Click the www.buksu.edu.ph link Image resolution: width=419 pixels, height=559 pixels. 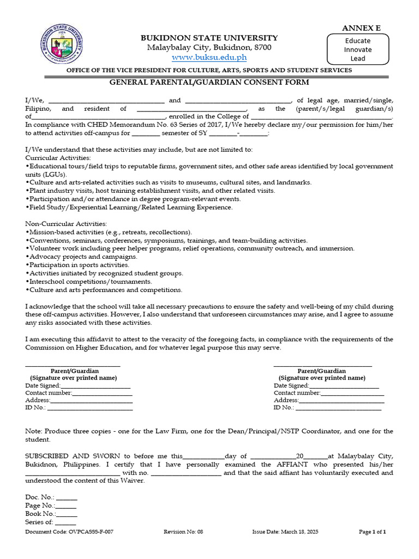click(209, 57)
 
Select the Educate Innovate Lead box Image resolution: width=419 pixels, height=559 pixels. click(358, 49)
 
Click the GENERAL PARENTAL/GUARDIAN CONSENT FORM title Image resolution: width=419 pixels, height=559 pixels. click(209, 82)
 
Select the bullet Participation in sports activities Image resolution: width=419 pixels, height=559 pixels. click(78, 265)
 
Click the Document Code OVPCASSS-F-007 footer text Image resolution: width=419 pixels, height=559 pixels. click(69, 532)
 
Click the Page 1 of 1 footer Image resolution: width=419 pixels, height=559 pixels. click(372, 532)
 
